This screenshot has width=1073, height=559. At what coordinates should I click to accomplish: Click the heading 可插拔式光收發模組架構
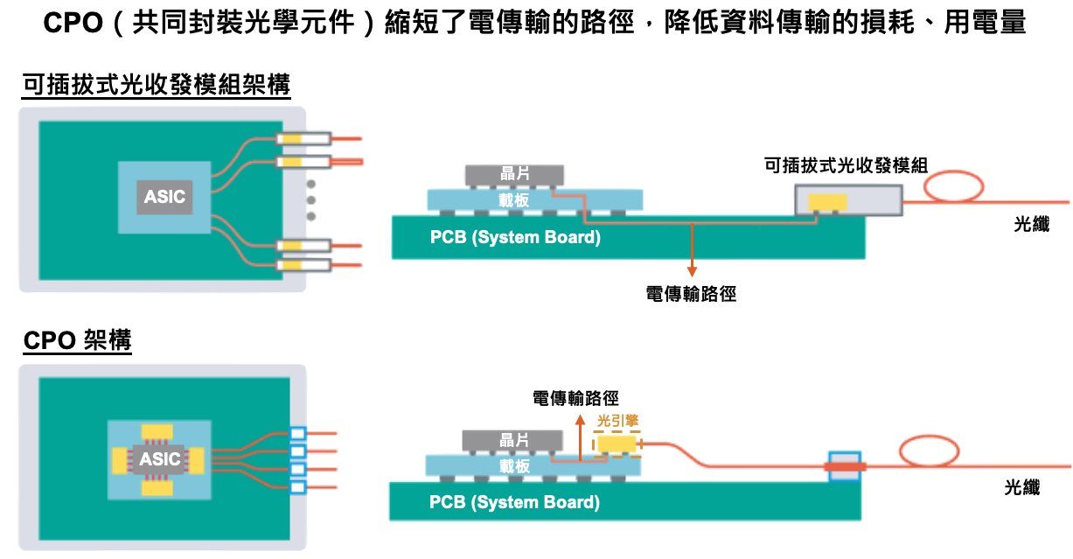tap(157, 86)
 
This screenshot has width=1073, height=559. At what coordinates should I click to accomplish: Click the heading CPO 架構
tap(78, 340)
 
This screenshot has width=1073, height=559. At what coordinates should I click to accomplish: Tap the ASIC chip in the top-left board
tap(164, 196)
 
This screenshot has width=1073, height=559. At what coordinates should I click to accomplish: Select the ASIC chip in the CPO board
tap(159, 459)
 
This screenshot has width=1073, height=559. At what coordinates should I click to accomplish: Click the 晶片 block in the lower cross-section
tap(514, 440)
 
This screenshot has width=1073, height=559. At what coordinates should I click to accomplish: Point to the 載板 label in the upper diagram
tap(514, 200)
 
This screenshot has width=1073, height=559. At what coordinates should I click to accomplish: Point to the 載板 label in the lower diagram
tap(514, 465)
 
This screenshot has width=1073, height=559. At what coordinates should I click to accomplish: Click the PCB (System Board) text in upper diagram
tap(515, 237)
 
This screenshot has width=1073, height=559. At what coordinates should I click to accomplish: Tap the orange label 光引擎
tap(617, 421)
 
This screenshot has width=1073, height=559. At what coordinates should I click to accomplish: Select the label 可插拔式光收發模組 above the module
tap(845, 164)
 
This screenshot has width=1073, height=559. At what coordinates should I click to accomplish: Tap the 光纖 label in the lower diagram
tap(1021, 488)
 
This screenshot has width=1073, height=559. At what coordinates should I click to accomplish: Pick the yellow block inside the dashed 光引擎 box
tap(617, 444)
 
